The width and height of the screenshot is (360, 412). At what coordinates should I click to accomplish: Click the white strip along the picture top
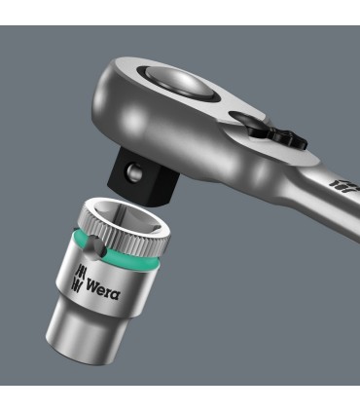pos(180,10)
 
